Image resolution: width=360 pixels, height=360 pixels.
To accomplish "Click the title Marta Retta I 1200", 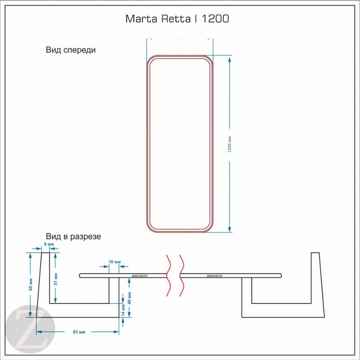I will coord(177,19).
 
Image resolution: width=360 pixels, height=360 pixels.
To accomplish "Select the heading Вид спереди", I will coord(71,50).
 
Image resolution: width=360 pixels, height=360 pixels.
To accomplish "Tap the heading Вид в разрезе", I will coord(73,236).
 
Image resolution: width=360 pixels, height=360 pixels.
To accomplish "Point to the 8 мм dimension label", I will coord(48,244).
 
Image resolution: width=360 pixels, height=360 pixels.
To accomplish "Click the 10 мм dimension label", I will coord(114,262).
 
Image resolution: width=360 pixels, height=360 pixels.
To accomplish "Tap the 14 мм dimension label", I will coord(124,310).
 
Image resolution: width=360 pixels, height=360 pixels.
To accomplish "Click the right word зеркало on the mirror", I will coord(214,276).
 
